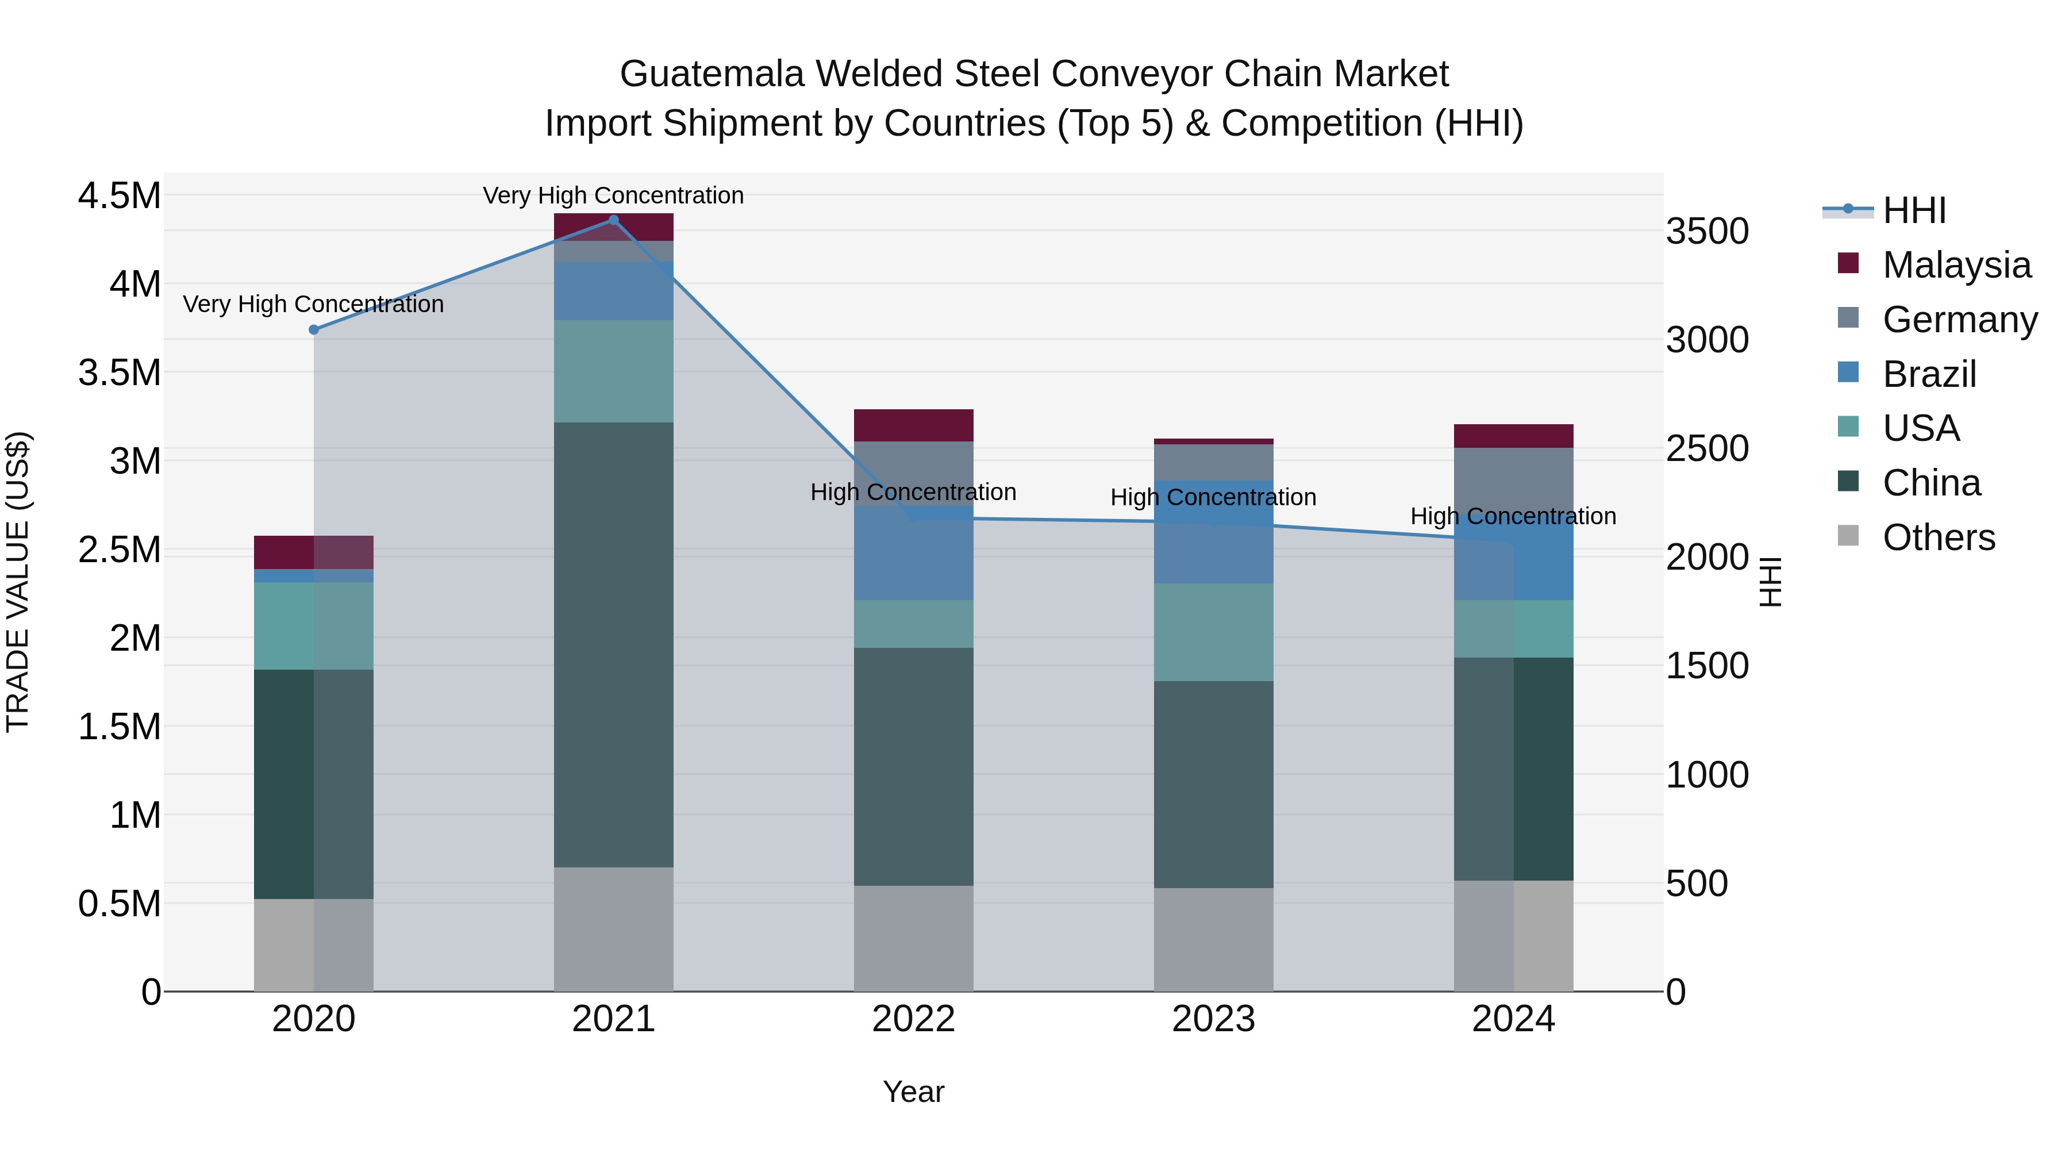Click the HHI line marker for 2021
click(x=614, y=220)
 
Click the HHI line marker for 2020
click(x=314, y=329)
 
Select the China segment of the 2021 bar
click(x=614, y=644)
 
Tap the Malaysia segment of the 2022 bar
click(x=913, y=425)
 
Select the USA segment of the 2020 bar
click(x=314, y=626)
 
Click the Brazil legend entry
click(x=1928, y=374)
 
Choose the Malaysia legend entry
click(x=1956, y=265)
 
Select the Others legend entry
click(x=1938, y=537)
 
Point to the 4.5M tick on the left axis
click(x=119, y=195)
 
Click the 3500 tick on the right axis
click(x=1707, y=231)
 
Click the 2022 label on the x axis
click(x=913, y=1019)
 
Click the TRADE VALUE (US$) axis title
click(x=18, y=582)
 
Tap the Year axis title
click(x=913, y=1092)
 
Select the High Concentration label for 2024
click(x=1513, y=516)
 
